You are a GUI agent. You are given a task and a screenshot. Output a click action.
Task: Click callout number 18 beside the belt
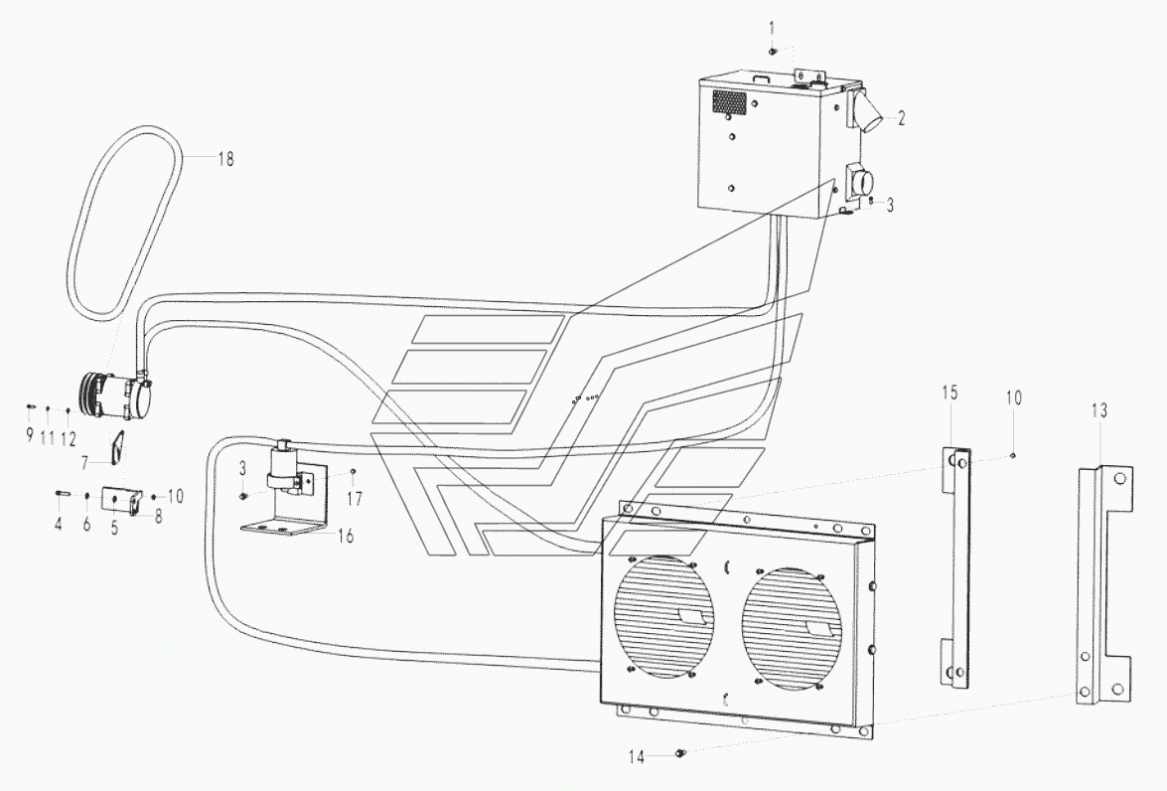pyautogui.click(x=225, y=159)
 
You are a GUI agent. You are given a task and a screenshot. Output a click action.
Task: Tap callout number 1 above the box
pyautogui.click(x=772, y=29)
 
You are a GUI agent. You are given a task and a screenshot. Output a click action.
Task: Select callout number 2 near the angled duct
pyautogui.click(x=901, y=117)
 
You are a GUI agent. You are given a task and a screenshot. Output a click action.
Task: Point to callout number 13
pyautogui.click(x=1099, y=410)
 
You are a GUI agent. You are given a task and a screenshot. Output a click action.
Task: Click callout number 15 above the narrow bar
pyautogui.click(x=949, y=393)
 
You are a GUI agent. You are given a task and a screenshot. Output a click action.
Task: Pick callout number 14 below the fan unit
pyautogui.click(x=637, y=757)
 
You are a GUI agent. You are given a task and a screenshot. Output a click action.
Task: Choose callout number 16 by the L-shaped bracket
pyautogui.click(x=346, y=536)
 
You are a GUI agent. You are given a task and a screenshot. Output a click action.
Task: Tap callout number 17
pyautogui.click(x=355, y=498)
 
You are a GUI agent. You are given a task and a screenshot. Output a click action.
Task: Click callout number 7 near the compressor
pyautogui.click(x=84, y=462)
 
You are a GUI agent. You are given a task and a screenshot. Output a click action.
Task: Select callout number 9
pyautogui.click(x=30, y=435)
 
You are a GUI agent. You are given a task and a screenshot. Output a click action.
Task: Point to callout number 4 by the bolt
pyautogui.click(x=59, y=524)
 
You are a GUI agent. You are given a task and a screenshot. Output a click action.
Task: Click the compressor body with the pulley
pyautogui.click(x=116, y=395)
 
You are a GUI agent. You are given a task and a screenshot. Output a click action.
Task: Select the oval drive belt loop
pyautogui.click(x=124, y=223)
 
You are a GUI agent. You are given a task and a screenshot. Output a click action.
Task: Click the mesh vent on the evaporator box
pyautogui.click(x=729, y=102)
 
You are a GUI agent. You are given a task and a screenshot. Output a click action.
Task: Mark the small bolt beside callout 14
pyautogui.click(x=678, y=754)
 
